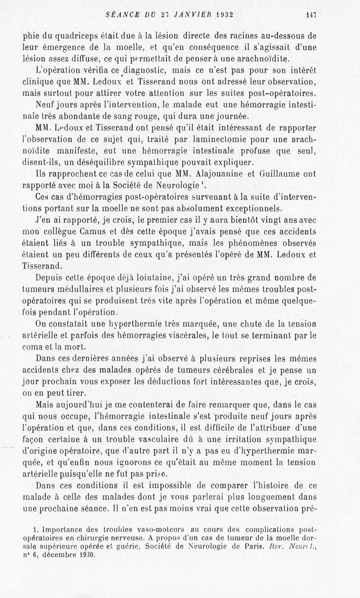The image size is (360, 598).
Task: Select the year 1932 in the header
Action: (221, 14)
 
